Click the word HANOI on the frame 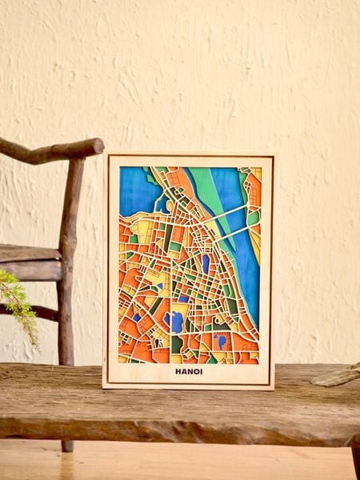click(189, 371)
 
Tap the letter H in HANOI click(178, 371)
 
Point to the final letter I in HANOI click(201, 371)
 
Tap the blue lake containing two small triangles click(220, 341)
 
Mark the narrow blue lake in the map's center click(206, 262)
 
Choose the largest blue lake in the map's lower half click(174, 322)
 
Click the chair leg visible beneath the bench click(67, 445)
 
